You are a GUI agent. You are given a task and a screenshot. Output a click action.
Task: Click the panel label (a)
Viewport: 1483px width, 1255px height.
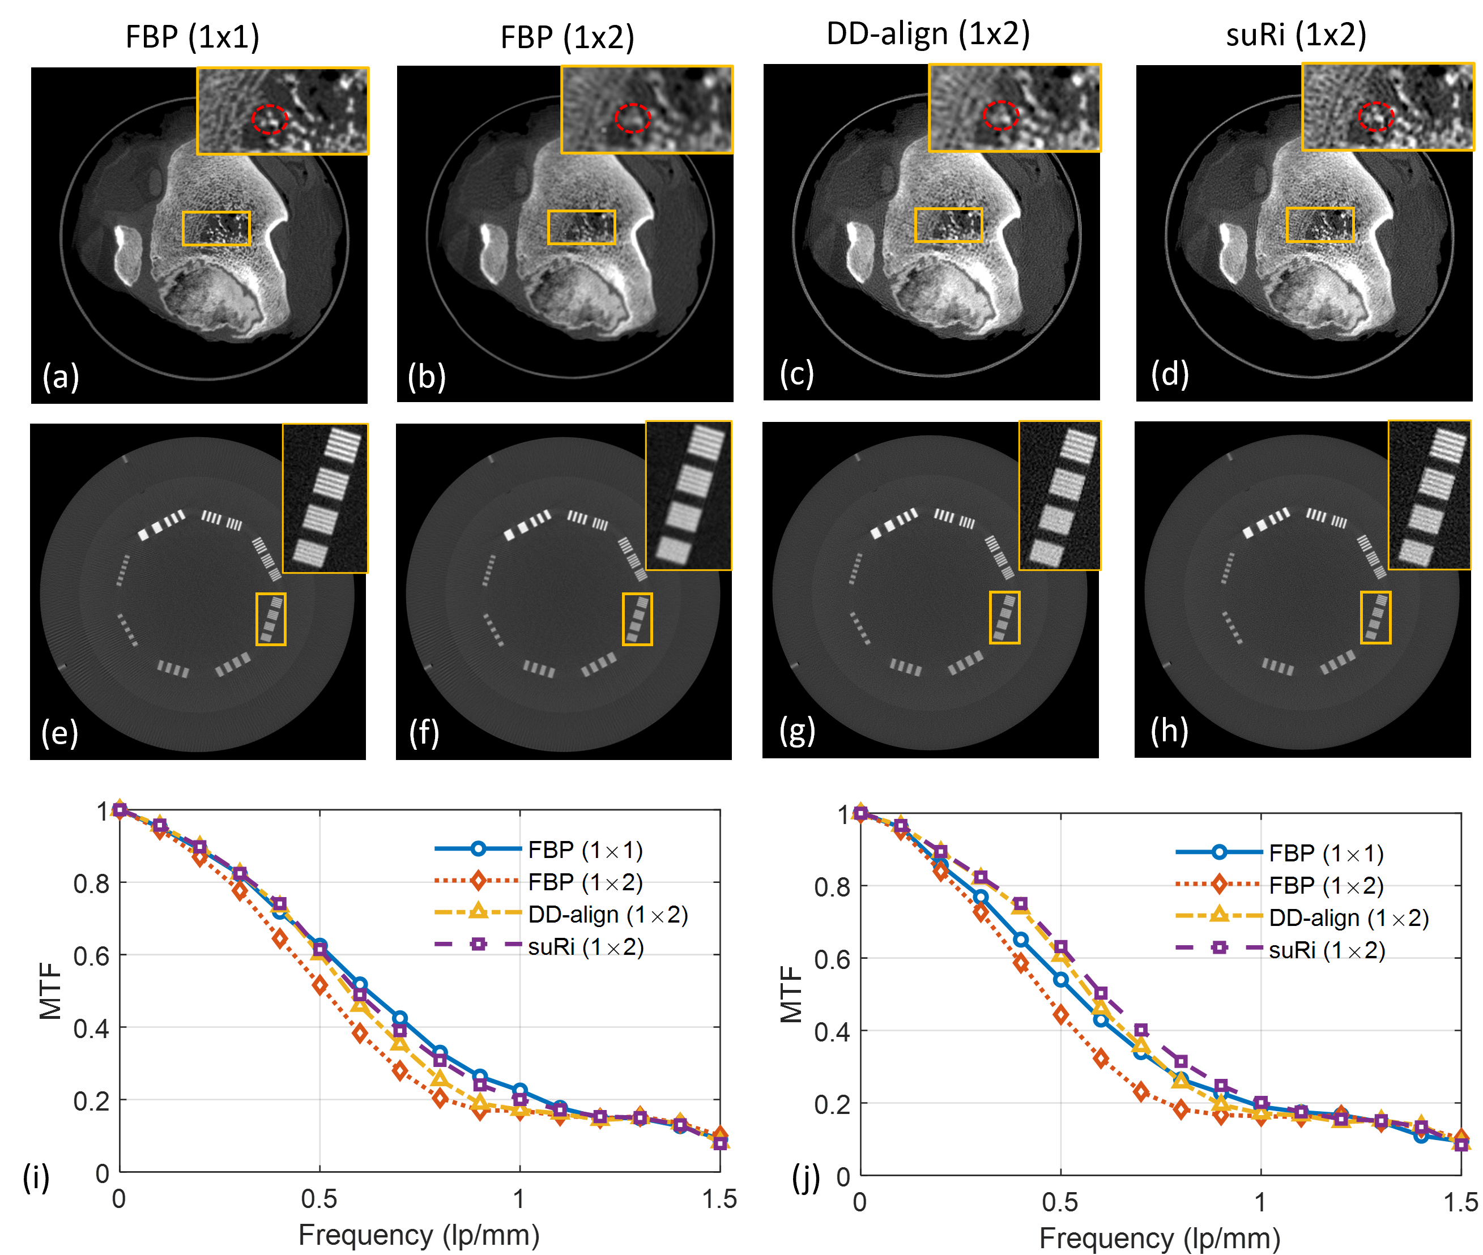click(x=61, y=377)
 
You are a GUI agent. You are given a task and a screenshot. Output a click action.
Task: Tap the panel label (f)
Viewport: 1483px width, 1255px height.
click(x=424, y=732)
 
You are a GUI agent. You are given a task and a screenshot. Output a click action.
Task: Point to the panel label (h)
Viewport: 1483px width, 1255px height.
click(x=1169, y=730)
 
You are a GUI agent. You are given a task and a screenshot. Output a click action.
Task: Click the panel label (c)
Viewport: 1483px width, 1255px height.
click(x=796, y=374)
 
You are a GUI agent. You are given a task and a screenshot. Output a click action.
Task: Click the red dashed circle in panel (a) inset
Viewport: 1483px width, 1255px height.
click(x=270, y=119)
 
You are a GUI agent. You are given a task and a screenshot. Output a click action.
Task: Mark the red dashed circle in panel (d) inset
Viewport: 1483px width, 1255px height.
click(x=1375, y=116)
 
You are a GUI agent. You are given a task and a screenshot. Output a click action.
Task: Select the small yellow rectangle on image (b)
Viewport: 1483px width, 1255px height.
click(x=581, y=228)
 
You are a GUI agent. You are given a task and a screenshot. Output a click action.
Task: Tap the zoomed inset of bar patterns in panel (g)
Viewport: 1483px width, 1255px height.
click(x=1060, y=495)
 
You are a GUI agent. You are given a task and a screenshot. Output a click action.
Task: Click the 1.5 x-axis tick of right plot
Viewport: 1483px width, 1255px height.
click(x=1460, y=1202)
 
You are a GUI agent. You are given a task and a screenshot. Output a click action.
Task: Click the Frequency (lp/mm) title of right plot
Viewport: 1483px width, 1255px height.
click(x=1160, y=1239)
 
